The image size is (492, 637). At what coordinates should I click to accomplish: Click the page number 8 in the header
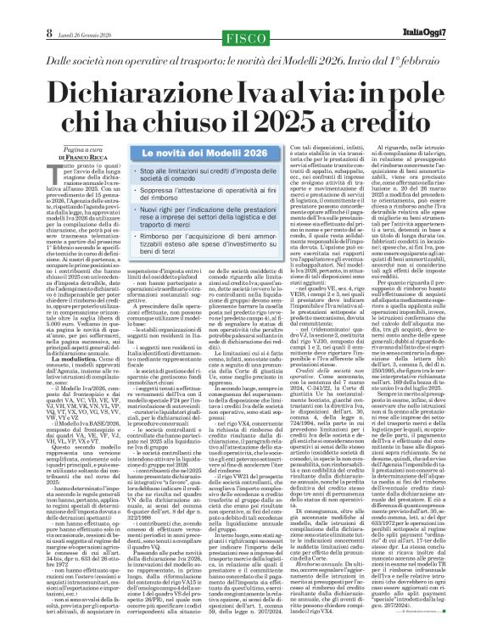point(14,10)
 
